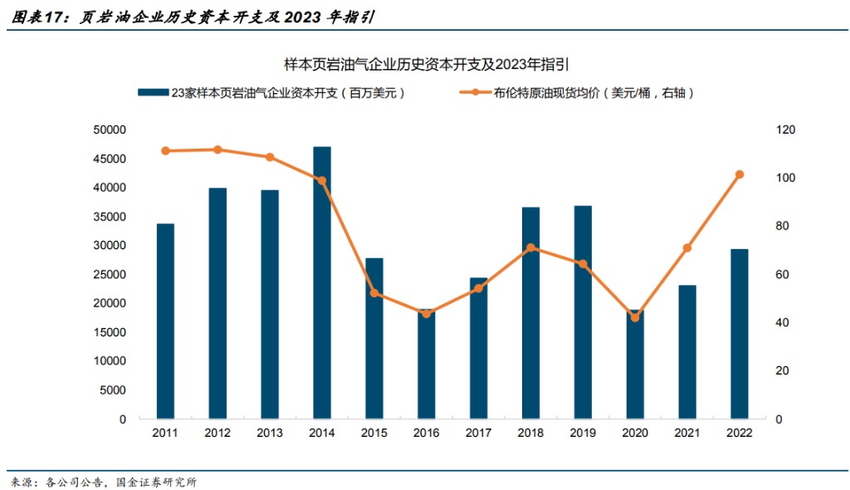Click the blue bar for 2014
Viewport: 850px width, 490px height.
click(322, 282)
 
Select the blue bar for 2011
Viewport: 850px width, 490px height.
click(165, 321)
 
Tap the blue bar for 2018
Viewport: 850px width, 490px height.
click(530, 312)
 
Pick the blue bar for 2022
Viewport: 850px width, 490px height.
click(739, 333)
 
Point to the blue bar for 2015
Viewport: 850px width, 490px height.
click(374, 338)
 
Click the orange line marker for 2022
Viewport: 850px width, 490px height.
click(739, 174)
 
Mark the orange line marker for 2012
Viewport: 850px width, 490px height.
click(217, 149)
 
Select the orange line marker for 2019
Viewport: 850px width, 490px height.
click(583, 264)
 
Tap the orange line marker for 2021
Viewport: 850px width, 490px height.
click(686, 248)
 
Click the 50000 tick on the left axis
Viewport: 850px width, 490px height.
click(110, 130)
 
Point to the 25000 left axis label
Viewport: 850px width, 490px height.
click(110, 275)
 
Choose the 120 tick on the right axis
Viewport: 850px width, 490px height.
click(784, 130)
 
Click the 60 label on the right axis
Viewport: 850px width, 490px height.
click(781, 275)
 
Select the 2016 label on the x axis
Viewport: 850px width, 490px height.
click(426, 434)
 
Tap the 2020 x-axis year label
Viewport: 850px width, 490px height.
click(635, 434)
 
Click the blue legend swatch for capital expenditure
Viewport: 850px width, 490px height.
click(153, 93)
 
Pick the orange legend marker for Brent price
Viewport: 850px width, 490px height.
click(475, 93)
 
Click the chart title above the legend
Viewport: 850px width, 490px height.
click(425, 64)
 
